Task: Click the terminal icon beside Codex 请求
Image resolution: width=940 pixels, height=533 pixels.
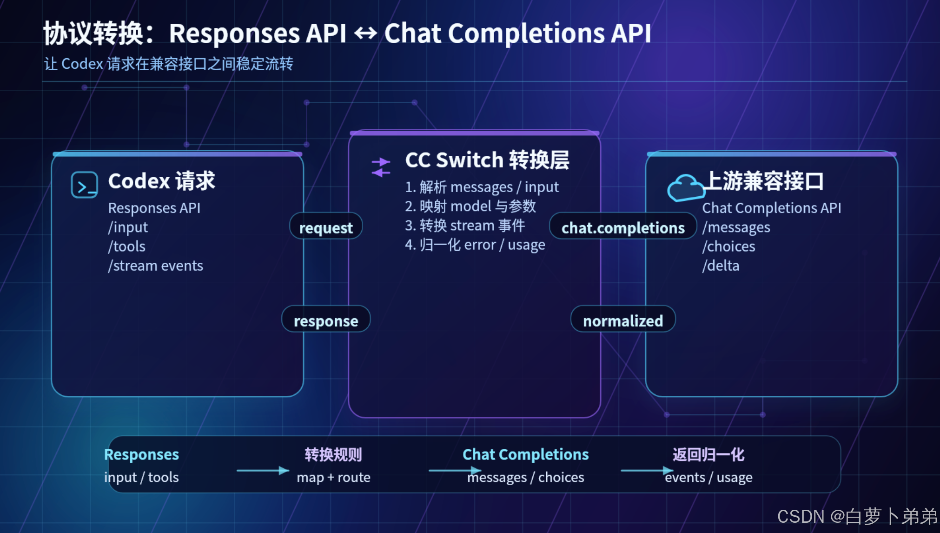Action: pos(84,185)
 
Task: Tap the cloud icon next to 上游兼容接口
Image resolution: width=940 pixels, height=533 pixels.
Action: pos(686,187)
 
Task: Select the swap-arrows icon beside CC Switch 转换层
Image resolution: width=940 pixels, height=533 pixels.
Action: pos(381,167)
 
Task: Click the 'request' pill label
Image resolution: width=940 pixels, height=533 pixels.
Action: pos(326,227)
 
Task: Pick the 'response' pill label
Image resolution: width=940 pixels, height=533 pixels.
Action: pos(326,320)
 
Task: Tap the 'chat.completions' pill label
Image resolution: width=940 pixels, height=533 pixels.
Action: pos(623,227)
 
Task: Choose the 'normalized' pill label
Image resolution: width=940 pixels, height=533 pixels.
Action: pos(623,320)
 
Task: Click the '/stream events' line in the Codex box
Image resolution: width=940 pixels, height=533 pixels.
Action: pos(156,266)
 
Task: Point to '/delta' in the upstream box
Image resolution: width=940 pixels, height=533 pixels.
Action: pos(721,266)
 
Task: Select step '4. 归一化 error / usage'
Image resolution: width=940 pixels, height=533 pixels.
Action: pos(475,245)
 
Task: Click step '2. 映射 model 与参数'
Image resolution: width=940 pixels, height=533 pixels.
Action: pos(470,206)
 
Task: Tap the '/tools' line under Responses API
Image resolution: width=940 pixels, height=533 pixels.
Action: pos(127,246)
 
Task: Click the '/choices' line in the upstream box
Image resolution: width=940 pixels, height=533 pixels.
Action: pos(728,246)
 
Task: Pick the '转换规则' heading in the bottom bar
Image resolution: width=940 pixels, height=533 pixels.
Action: pos(333,454)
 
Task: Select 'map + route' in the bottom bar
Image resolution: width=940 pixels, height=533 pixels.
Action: pos(333,477)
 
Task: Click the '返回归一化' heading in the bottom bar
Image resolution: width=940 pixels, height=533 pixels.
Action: pos(708,454)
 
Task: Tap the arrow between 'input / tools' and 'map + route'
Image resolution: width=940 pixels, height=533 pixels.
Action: pos(263,471)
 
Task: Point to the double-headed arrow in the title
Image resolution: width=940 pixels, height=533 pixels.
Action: pos(365,33)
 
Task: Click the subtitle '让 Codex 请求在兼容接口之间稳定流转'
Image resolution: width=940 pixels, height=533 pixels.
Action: pos(169,64)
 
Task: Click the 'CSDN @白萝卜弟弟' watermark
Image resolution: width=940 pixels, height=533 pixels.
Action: pos(858,516)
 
